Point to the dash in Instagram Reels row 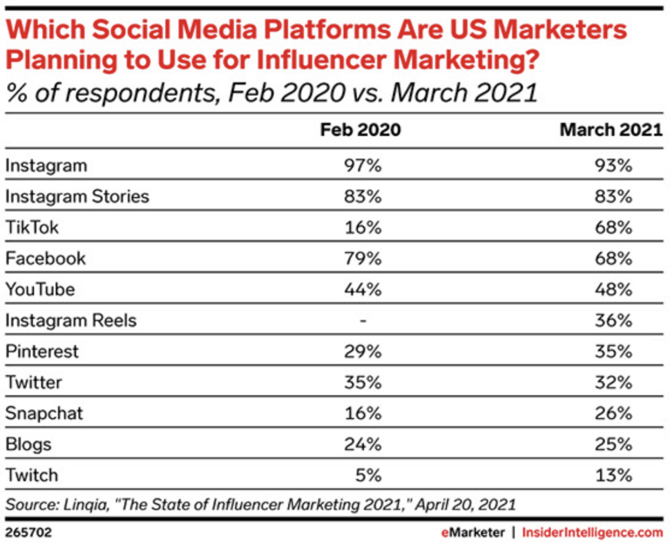click(364, 321)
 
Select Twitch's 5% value click(369, 476)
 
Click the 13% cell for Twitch click(614, 476)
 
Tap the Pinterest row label click(42, 351)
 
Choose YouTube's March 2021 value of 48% click(614, 290)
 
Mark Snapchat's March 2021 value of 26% click(614, 413)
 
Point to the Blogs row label click(28, 444)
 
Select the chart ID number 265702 click(28, 533)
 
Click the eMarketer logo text click(475, 533)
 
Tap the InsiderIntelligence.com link click(592, 533)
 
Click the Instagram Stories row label click(77, 196)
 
